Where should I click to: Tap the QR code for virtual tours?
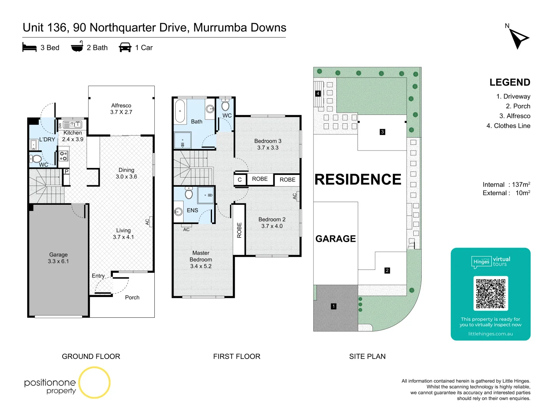[490, 294]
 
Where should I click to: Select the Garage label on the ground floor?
[58, 258]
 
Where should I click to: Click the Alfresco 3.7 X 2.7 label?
[121, 109]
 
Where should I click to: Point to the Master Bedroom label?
[201, 259]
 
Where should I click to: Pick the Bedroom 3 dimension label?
[268, 144]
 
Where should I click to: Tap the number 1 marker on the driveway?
[334, 306]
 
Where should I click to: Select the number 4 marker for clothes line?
[318, 93]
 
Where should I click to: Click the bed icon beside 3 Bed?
[30, 48]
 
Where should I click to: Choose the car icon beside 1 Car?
[125, 48]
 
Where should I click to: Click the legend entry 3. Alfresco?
[515, 116]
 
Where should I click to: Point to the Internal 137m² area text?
[506, 184]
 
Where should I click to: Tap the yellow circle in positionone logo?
[94, 382]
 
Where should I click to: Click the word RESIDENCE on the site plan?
[358, 179]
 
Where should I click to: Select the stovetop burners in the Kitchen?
[63, 156]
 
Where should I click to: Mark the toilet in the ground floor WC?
[36, 159]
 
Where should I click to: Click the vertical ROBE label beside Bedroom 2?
[239, 230]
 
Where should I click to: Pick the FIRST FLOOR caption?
[237, 357]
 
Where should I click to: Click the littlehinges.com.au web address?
[490, 334]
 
